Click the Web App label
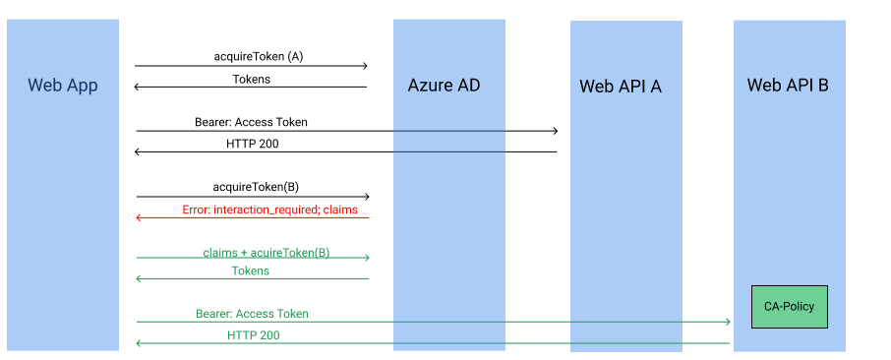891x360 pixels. click(63, 85)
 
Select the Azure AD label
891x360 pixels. click(444, 85)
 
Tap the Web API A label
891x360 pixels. click(620, 86)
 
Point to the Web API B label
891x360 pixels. click(788, 85)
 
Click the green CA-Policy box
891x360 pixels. click(789, 306)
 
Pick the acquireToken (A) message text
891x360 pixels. click(259, 56)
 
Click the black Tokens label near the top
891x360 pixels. click(252, 79)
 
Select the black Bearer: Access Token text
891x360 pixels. click(251, 122)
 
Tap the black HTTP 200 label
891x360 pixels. click(253, 143)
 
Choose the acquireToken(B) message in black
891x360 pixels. click(256, 186)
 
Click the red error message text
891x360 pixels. click(270, 210)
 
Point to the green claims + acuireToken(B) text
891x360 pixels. click(267, 252)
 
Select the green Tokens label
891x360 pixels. click(251, 270)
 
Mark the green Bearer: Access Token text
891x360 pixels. click(252, 314)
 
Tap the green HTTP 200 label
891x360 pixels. click(254, 335)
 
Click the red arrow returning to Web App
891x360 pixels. click(252, 217)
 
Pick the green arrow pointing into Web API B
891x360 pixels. click(433, 322)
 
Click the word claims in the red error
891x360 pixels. click(339, 210)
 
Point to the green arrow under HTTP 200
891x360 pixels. click(433, 343)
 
